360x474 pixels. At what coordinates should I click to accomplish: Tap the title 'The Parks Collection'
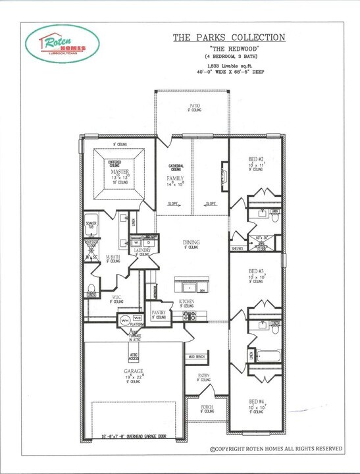[x=228, y=38]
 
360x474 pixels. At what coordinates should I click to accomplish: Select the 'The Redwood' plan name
[x=228, y=49]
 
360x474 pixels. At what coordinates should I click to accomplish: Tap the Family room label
[x=174, y=178]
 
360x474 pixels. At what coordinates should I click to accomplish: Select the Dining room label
[x=191, y=243]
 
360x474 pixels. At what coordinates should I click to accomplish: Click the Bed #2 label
[x=256, y=159]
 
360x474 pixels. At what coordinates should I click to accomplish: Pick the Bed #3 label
[x=256, y=271]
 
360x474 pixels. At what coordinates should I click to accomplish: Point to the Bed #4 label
[x=256, y=401]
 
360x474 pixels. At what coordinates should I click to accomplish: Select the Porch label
[x=207, y=408]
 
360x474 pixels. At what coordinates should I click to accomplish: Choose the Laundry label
[x=142, y=250]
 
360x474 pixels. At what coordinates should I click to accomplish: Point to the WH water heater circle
[x=124, y=320]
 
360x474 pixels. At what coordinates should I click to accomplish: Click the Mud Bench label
[x=197, y=356]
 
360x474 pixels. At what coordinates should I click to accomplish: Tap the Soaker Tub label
[x=91, y=225]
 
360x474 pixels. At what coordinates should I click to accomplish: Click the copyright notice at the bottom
[x=276, y=449]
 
